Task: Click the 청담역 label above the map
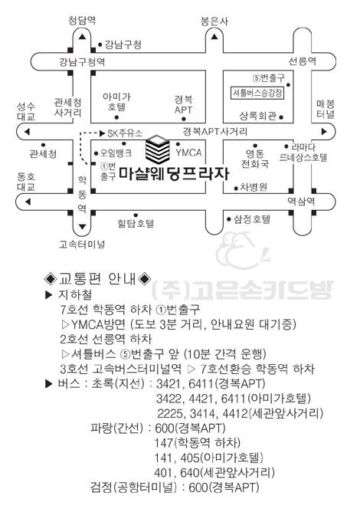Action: pos(82,21)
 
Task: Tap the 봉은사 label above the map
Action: pos(214,21)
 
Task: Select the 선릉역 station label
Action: pos(303,61)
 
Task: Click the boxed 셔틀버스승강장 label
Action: pos(257,93)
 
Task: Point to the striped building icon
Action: pos(158,149)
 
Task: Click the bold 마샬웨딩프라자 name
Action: pos(174,173)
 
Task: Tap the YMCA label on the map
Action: pos(188,153)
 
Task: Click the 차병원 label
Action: pos(254,187)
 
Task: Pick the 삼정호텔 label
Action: pos(252,219)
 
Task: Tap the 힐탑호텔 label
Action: pos(136,223)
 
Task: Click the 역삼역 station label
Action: pos(301,202)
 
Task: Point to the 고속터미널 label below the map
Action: pos(82,244)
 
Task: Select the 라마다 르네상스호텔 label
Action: pos(303,153)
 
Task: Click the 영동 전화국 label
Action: pos(255,159)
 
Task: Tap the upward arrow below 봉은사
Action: pos(214,37)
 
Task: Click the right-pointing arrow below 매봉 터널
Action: pos(324,132)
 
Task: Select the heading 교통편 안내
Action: pos(97,278)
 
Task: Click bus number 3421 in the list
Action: pos(168,383)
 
